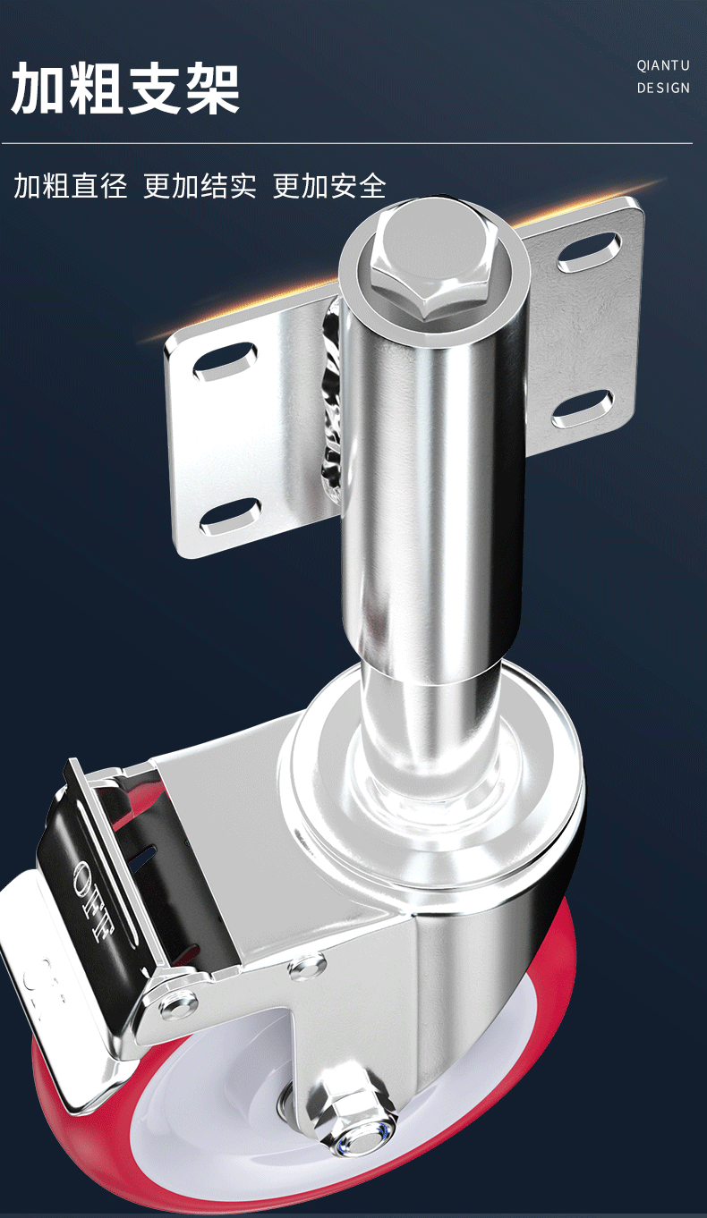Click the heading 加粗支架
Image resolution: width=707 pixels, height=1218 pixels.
(x=125, y=88)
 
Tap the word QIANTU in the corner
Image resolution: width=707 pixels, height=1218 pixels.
(x=663, y=66)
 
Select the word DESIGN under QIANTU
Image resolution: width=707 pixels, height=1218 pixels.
(x=663, y=88)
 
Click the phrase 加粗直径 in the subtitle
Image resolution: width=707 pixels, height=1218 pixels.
(x=70, y=185)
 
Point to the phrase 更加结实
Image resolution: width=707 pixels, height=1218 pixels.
(x=200, y=185)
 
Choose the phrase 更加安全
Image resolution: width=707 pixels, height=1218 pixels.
(x=329, y=185)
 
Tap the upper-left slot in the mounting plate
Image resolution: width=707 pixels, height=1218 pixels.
(x=225, y=361)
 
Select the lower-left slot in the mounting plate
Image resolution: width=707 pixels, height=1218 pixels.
(x=230, y=515)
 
